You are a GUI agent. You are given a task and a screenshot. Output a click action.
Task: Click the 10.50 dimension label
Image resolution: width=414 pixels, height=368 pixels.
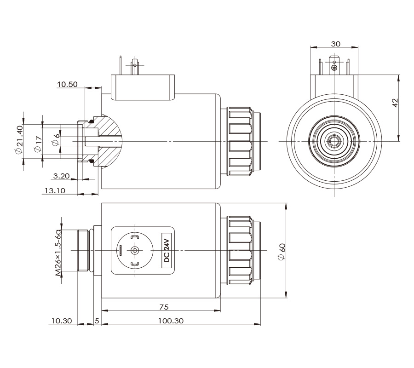(x=67, y=85)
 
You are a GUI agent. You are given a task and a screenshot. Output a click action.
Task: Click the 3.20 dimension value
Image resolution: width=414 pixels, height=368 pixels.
(x=61, y=176)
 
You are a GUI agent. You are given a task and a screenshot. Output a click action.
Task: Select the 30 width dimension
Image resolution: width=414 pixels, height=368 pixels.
(x=335, y=44)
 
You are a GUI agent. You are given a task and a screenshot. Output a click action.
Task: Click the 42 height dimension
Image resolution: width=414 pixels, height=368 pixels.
(x=395, y=103)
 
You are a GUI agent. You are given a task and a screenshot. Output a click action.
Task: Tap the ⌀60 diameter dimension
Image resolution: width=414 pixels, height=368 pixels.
(x=282, y=251)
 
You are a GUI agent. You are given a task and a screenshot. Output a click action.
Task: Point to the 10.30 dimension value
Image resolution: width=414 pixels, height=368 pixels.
(x=63, y=321)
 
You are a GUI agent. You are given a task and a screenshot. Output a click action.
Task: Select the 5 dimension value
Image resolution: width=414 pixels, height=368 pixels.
(x=97, y=321)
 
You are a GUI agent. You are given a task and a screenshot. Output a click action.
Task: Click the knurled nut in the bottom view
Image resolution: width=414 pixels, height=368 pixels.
(x=240, y=251)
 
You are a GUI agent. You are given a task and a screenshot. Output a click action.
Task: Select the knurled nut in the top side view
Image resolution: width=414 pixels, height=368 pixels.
(x=240, y=141)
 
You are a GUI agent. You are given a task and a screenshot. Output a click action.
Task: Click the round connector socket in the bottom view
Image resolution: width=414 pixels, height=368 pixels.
(x=134, y=250)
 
